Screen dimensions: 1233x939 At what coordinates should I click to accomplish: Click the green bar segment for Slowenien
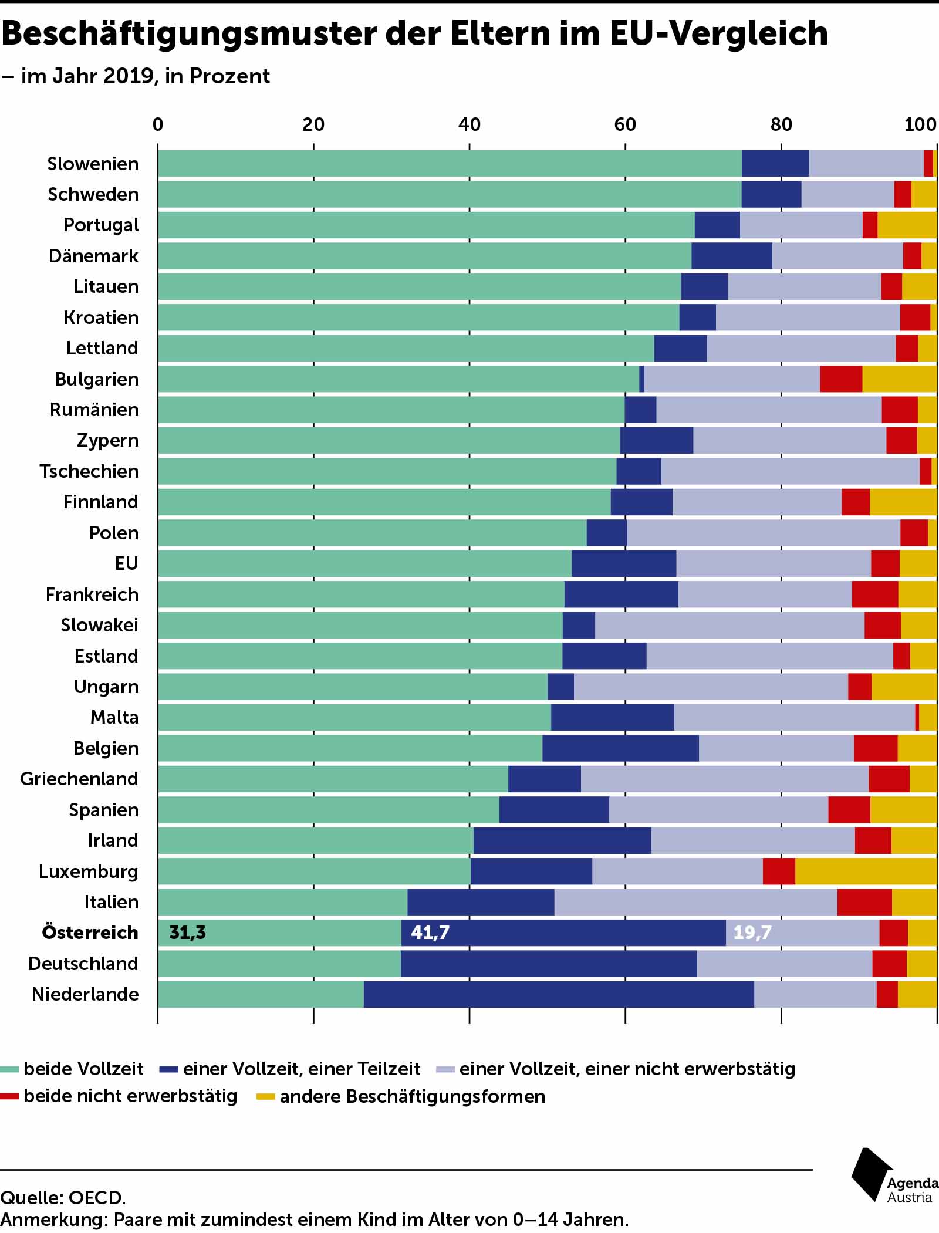[449, 163]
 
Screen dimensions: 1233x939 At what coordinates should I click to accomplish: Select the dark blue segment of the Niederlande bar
[558, 994]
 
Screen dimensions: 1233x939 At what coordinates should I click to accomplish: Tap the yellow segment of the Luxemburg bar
[866, 871]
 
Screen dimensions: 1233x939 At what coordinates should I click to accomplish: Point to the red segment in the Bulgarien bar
[840, 379]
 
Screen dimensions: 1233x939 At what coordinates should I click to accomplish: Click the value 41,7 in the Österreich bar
[430, 932]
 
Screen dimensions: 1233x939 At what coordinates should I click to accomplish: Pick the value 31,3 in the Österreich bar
[187, 932]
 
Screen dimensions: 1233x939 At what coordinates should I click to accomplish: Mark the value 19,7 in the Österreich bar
[752, 932]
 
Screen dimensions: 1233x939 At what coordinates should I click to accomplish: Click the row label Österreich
[90, 932]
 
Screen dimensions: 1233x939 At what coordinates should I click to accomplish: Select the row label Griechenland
[79, 778]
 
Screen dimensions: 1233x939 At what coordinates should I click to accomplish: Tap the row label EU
[126, 563]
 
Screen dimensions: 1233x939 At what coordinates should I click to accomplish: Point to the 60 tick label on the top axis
[625, 124]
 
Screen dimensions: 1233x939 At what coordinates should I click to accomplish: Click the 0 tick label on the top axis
[158, 124]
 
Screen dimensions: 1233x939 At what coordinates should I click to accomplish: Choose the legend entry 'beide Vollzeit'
[83, 1069]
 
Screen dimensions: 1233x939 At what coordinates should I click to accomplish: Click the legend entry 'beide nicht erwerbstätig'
[130, 1096]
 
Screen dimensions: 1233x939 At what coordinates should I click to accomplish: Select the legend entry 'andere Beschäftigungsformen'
[412, 1096]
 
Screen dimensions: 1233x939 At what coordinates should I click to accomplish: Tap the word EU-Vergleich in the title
[719, 34]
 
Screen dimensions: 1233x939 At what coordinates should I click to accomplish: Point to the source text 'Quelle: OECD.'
[63, 1198]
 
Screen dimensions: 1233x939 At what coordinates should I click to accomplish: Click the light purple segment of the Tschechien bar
[790, 471]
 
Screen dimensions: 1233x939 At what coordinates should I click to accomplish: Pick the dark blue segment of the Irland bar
[562, 840]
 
